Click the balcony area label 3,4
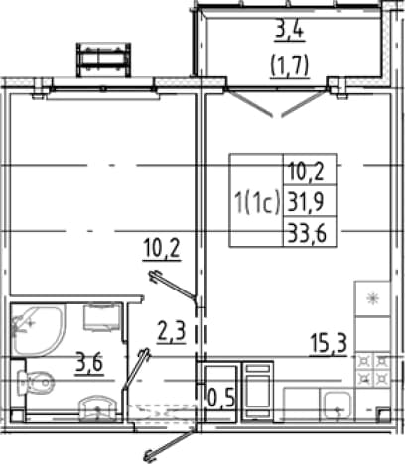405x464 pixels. pyautogui.click(x=290, y=32)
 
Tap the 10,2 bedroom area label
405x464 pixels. pyautogui.click(x=162, y=250)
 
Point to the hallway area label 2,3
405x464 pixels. pyautogui.click(x=171, y=333)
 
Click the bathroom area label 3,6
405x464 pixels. pyautogui.click(x=89, y=364)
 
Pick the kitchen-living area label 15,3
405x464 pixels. pyautogui.click(x=329, y=345)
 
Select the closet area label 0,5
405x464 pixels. pyautogui.click(x=221, y=398)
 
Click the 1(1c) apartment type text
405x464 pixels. pyautogui.click(x=257, y=202)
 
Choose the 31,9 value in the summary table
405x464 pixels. pyautogui.click(x=305, y=202)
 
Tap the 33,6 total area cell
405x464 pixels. pyautogui.click(x=308, y=233)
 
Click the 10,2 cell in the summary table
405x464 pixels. pyautogui.click(x=305, y=173)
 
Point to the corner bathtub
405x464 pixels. pyautogui.click(x=38, y=330)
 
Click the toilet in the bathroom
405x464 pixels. pyautogui.click(x=36, y=382)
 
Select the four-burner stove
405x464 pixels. pyautogui.click(x=372, y=369)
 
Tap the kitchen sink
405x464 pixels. pyautogui.click(x=337, y=405)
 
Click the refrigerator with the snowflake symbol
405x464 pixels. pyautogui.click(x=372, y=298)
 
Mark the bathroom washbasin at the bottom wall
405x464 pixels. pyautogui.click(x=97, y=408)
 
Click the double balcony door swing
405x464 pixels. pyautogui.click(x=277, y=103)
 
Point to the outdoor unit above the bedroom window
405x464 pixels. pyautogui.click(x=103, y=59)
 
